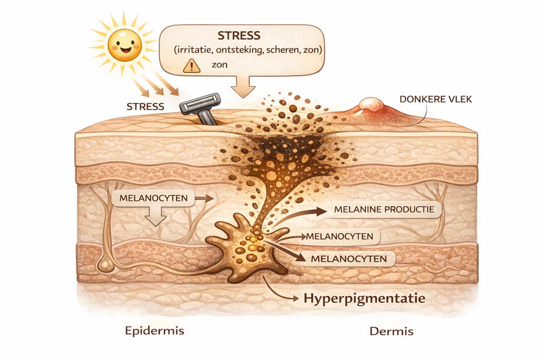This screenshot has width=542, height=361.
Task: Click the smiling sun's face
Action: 125,45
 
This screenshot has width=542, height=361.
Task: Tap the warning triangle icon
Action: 192,66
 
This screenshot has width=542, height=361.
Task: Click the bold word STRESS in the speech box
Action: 239,35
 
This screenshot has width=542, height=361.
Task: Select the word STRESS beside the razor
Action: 145,106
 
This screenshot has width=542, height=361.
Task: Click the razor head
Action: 200,103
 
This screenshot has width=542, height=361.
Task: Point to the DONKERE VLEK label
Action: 435,99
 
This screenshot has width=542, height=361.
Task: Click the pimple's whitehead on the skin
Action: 371,104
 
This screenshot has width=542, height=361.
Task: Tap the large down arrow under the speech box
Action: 243,87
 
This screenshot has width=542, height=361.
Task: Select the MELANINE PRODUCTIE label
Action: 384,209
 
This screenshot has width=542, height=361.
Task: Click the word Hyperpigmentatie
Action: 364,298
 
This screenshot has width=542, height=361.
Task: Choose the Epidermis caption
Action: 155,331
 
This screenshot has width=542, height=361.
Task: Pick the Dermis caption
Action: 391,332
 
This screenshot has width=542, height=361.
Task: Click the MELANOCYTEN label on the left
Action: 154,199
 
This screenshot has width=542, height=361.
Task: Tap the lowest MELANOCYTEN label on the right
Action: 349,259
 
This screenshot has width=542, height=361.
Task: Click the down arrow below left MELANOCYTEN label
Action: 155,216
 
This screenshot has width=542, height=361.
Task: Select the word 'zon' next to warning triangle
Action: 219,64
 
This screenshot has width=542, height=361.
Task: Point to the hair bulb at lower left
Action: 105,266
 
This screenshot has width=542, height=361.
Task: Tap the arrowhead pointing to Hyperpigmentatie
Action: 295,298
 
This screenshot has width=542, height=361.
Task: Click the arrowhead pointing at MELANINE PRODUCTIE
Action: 320,211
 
